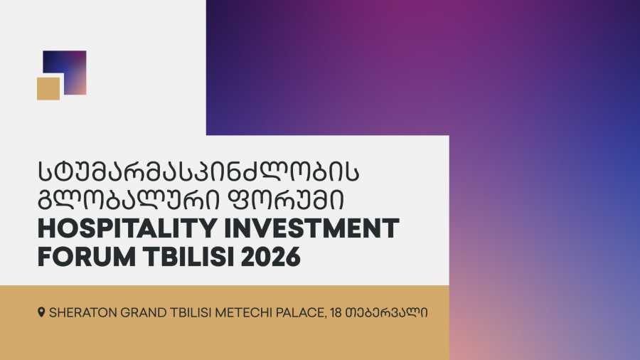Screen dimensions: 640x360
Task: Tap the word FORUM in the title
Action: pyautogui.click(x=87, y=257)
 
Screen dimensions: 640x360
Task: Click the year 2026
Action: pyautogui.click(x=271, y=257)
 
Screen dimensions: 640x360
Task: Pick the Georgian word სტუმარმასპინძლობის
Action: pyautogui.click(x=199, y=171)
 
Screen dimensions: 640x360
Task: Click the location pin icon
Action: pyautogui.click(x=41, y=312)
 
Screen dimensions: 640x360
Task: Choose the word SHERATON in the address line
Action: pyautogui.click(x=83, y=312)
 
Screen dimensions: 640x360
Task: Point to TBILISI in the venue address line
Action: pyautogui.click(x=191, y=312)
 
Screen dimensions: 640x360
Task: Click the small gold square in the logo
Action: pyautogui.click(x=48, y=88)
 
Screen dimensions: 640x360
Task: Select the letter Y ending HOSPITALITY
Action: pyautogui.click(x=207, y=228)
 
